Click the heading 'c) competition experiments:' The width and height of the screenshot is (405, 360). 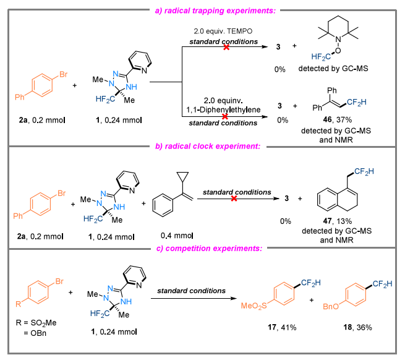click(x=203, y=247)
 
